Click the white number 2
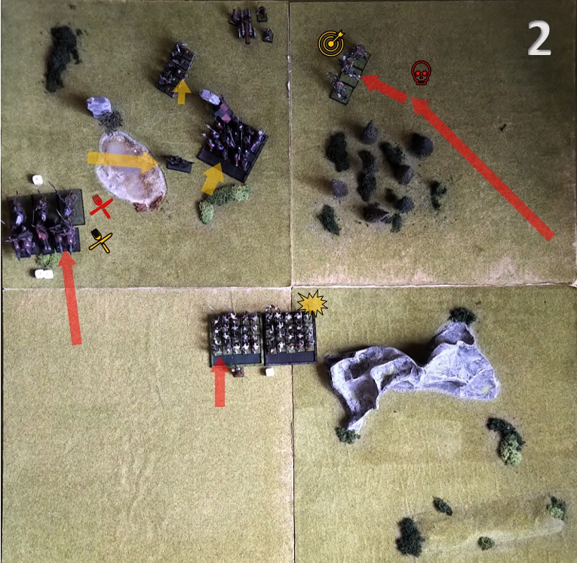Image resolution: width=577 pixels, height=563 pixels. [x=539, y=38]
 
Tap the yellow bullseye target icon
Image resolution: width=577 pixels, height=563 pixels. [x=332, y=43]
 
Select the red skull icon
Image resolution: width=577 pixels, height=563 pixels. [x=421, y=73]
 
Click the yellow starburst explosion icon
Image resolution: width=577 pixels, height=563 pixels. [x=312, y=304]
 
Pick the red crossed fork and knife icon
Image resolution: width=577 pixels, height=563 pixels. [x=101, y=207]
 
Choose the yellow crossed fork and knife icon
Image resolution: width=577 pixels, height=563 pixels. [x=100, y=240]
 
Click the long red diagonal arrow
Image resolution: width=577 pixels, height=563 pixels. [x=482, y=168]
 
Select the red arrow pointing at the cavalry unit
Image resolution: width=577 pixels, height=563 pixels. [x=70, y=298]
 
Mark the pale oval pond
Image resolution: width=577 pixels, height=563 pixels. [x=130, y=171]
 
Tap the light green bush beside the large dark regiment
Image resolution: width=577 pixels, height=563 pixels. [x=221, y=201]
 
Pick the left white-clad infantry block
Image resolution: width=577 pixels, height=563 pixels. [x=236, y=338]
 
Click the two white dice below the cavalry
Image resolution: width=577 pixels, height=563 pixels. [x=44, y=274]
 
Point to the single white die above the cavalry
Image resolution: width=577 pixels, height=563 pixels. [x=38, y=180]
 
